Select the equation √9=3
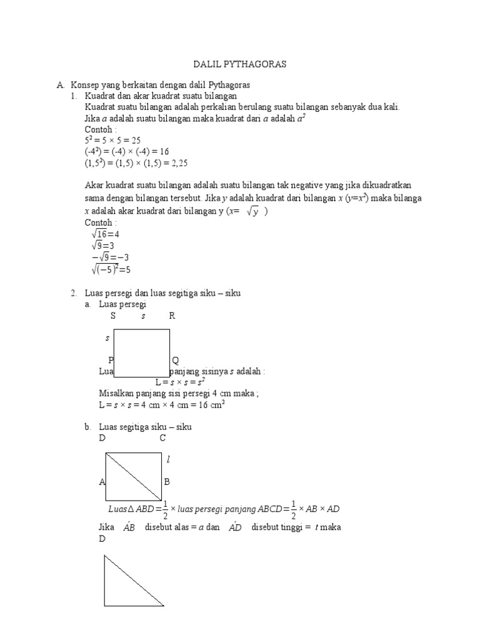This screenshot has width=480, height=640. tap(103, 246)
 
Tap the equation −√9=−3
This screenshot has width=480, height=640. tap(109, 257)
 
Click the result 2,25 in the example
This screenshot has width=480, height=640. tap(178, 163)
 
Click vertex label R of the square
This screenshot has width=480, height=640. tap(172, 316)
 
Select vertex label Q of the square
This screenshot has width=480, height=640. tap(176, 361)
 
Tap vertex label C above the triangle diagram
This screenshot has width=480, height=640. tap(162, 438)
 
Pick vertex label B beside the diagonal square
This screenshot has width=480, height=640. tap(167, 482)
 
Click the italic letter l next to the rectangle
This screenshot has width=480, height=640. tap(168, 460)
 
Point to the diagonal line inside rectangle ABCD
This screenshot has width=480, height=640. tap(133, 477)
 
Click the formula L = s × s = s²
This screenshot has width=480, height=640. tap(181, 382)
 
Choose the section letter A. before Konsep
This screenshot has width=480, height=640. tap(60, 84)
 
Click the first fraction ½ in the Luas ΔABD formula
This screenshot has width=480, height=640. tap(165, 509)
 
